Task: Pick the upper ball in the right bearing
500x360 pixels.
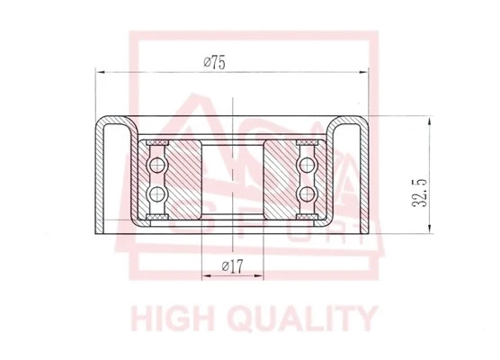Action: [308, 165]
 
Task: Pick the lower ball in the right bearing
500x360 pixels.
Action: [308, 193]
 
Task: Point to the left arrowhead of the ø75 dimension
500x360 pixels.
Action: [100, 70]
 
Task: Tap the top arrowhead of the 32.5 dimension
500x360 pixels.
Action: [432, 120]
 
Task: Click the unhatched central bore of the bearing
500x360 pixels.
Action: [232, 179]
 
